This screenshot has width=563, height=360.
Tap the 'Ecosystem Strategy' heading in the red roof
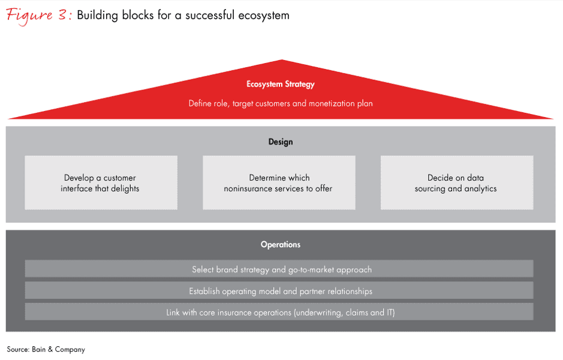pyautogui.click(x=281, y=85)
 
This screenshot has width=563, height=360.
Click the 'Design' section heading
pyautogui.click(x=281, y=142)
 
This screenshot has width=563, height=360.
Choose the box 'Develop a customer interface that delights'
pyautogui.click(x=101, y=183)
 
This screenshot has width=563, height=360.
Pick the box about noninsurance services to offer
pyautogui.click(x=279, y=183)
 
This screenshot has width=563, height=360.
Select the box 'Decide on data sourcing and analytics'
pyautogui.click(x=457, y=183)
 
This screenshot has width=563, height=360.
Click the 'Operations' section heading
pyautogui.click(x=281, y=245)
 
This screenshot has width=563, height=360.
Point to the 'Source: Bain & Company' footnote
pyautogui.click(x=46, y=349)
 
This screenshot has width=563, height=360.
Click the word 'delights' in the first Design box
pyautogui.click(x=125, y=188)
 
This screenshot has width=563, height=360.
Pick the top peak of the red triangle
pyautogui.click(x=282, y=61)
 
